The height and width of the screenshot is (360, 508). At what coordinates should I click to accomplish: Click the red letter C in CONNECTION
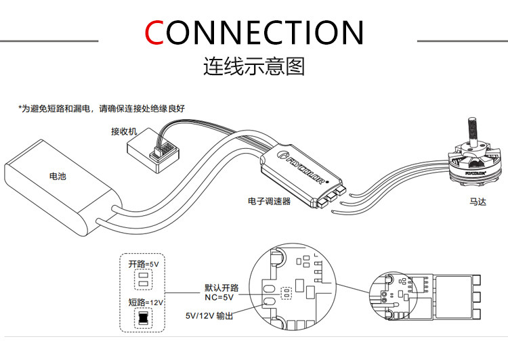[155, 32]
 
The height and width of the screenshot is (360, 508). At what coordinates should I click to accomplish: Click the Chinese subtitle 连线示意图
[253, 66]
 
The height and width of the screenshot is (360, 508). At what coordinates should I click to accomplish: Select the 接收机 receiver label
[125, 131]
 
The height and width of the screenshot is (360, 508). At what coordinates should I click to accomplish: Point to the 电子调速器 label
[269, 202]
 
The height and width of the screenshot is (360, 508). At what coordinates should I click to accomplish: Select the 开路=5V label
[144, 264]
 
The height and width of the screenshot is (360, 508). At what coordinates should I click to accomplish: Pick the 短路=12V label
[144, 302]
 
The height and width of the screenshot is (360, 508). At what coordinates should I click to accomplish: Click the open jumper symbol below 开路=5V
[143, 281]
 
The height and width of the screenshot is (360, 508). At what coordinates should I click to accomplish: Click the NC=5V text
[219, 296]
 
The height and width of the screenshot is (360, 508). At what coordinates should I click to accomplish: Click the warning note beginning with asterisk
[102, 109]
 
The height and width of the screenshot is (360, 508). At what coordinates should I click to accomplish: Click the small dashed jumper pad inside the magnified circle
[287, 294]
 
